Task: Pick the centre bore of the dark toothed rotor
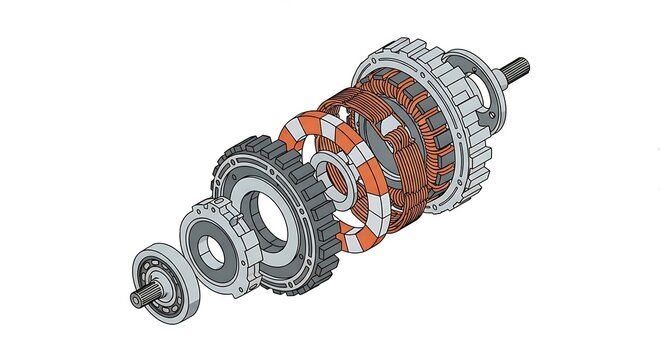point(273,216)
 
